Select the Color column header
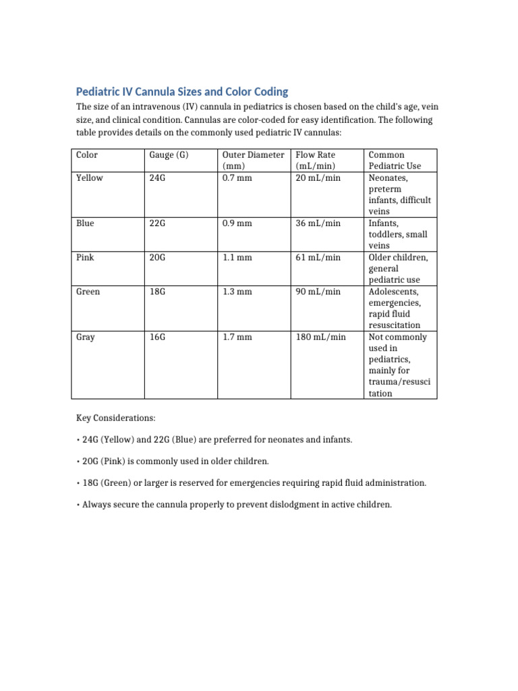(87, 155)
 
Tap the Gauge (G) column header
(169, 155)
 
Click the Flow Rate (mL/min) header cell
(316, 161)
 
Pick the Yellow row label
(90, 178)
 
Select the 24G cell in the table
(157, 178)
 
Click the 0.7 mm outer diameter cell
(237, 178)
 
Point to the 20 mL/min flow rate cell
(318, 178)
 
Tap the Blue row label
(85, 223)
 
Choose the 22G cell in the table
(157, 223)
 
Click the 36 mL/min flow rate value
(318, 223)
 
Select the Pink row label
(85, 258)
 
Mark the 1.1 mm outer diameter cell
(237, 258)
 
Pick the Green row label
(88, 292)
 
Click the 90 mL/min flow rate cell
(318, 292)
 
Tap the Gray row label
(86, 337)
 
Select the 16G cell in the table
(157, 337)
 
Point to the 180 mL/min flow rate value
(321, 337)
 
